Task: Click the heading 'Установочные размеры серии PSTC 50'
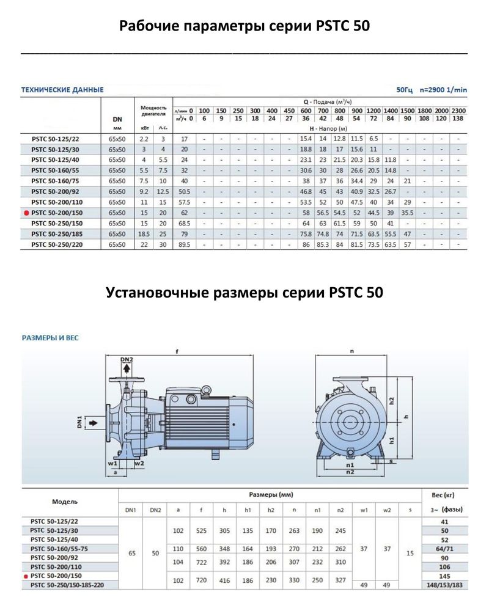[x=244, y=292]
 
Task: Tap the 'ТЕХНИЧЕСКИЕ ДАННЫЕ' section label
[x=62, y=90]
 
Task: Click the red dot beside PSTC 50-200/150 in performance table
[x=26, y=213]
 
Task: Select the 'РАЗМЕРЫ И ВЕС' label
[x=50, y=337]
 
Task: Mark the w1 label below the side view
[x=112, y=463]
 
